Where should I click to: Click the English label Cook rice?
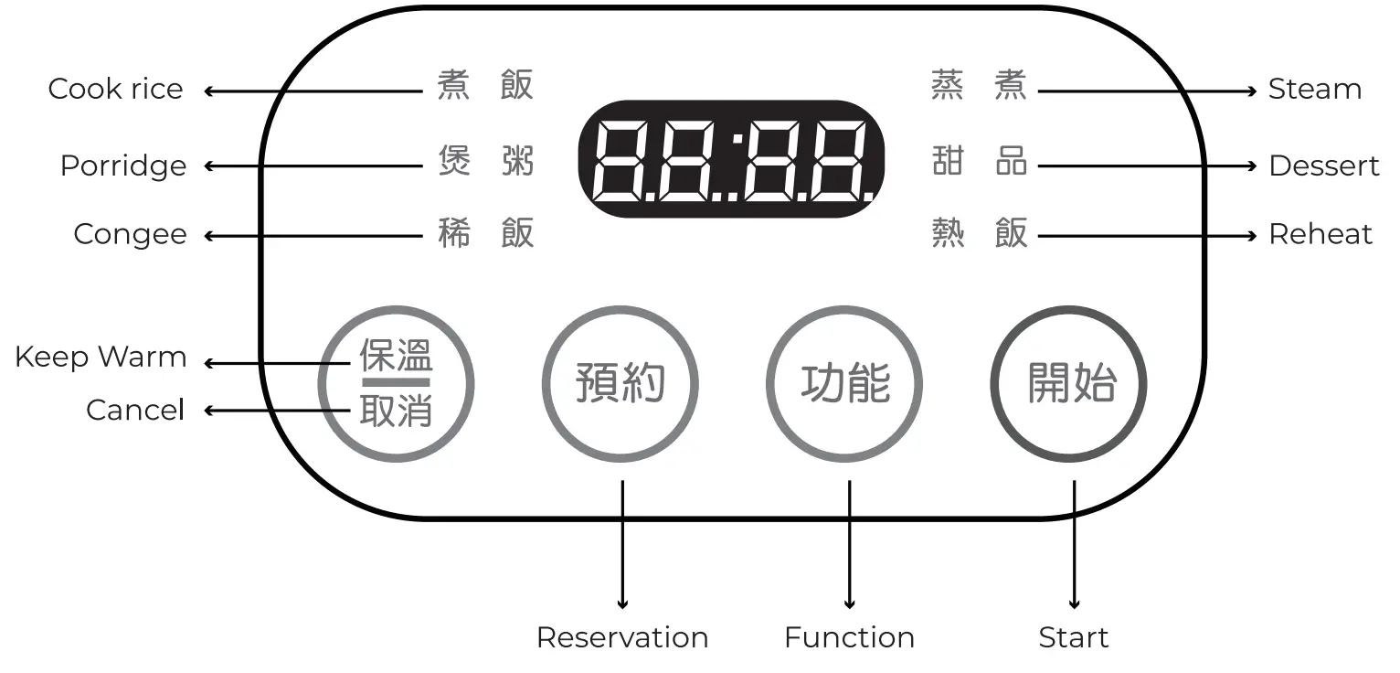pos(115,89)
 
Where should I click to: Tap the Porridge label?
pos(122,166)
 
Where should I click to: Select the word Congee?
pos(130,234)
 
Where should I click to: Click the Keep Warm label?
pos(101,357)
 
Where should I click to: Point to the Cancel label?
pos(135,410)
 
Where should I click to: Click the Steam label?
pos(1314,89)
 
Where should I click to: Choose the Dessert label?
pos(1323,166)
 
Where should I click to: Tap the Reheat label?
pos(1320,234)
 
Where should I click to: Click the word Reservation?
pos(621,637)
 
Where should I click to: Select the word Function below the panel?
pos(849,637)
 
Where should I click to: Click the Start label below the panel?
pos(1073,637)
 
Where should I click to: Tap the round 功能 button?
pos(844,383)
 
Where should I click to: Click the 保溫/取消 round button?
pos(396,383)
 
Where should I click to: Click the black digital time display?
pos(730,159)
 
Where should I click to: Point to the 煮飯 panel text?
pos(485,85)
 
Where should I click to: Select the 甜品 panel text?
pos(979,162)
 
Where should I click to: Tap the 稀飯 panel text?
pos(485,234)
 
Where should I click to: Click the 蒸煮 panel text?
pos(979,85)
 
